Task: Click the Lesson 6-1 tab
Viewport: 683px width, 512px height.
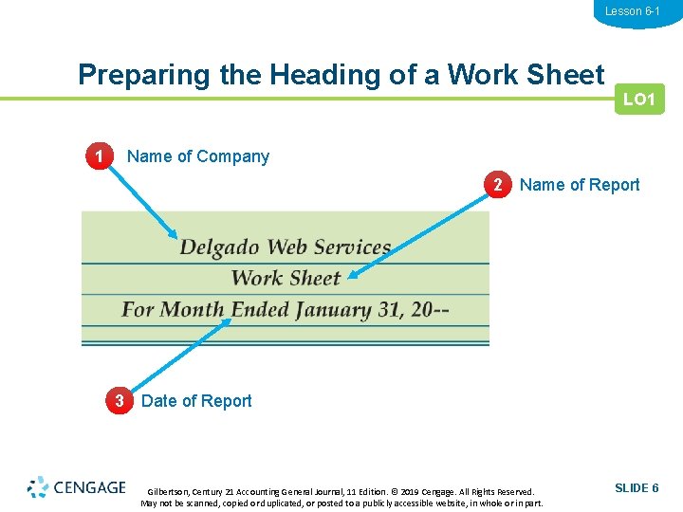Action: click(632, 11)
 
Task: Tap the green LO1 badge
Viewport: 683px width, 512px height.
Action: click(639, 100)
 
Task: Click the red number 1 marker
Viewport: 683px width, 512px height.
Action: click(97, 156)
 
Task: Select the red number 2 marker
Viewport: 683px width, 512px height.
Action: click(496, 185)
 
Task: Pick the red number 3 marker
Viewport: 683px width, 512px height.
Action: click(119, 400)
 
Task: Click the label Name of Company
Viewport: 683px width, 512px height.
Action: click(198, 156)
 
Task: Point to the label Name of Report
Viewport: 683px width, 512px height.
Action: click(580, 185)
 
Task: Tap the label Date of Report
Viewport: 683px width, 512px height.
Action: click(196, 400)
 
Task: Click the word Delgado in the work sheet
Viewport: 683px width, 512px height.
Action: click(220, 248)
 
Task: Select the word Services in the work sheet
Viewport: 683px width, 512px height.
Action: click(351, 247)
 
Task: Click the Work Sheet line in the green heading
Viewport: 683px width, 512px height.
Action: click(285, 278)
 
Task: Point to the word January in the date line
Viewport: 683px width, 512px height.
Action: click(333, 310)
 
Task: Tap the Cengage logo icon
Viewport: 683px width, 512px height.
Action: click(38, 487)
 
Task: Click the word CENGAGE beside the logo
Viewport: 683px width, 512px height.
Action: click(89, 487)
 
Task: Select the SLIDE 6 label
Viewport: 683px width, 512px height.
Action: click(637, 487)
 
